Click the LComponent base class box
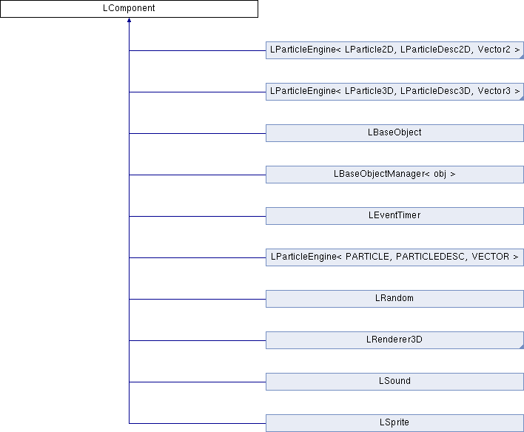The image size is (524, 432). click(129, 9)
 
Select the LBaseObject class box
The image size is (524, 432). click(394, 133)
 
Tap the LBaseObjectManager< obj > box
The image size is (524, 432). click(394, 175)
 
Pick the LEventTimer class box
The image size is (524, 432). click(394, 216)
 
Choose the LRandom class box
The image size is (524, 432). click(394, 299)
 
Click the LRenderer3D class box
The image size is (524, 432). click(394, 340)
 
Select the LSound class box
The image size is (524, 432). click(394, 382)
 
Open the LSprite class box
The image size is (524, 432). click(394, 423)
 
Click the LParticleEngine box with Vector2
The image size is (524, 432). click(394, 50)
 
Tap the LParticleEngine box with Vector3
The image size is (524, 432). click(394, 92)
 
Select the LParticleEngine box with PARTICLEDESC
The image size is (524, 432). click(394, 257)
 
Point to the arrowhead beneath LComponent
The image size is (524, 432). click(130, 21)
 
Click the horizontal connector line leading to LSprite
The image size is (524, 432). click(197, 423)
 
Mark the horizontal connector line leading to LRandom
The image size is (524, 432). click(197, 299)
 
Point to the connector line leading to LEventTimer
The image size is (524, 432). click(197, 216)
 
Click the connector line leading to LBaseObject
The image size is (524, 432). click(197, 133)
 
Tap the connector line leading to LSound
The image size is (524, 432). click(197, 382)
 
